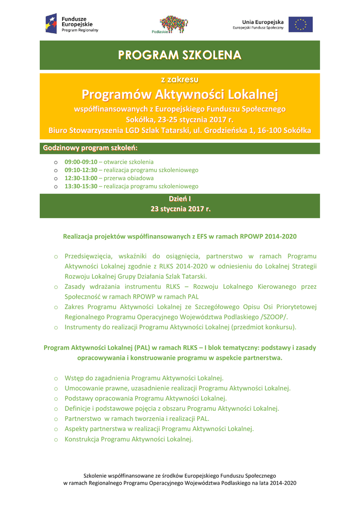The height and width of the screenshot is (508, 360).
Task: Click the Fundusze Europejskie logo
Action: [72, 23]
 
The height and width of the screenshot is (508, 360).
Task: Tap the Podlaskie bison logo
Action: [170, 24]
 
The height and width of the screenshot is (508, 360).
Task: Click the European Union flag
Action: [300, 24]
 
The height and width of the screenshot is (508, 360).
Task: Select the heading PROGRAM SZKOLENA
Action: [180, 55]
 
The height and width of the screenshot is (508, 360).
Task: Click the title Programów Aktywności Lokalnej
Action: [180, 94]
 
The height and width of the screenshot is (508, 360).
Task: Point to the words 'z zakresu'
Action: [180, 79]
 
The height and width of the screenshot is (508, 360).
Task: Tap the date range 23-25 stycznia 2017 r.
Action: [194, 120]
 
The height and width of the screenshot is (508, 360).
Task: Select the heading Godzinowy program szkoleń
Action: [90, 148]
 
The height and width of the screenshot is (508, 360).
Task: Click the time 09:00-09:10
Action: [81, 162]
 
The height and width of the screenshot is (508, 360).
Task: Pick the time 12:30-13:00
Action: [81, 178]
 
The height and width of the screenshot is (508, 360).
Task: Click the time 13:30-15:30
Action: [81, 186]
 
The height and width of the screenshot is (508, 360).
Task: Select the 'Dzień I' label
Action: [180, 199]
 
